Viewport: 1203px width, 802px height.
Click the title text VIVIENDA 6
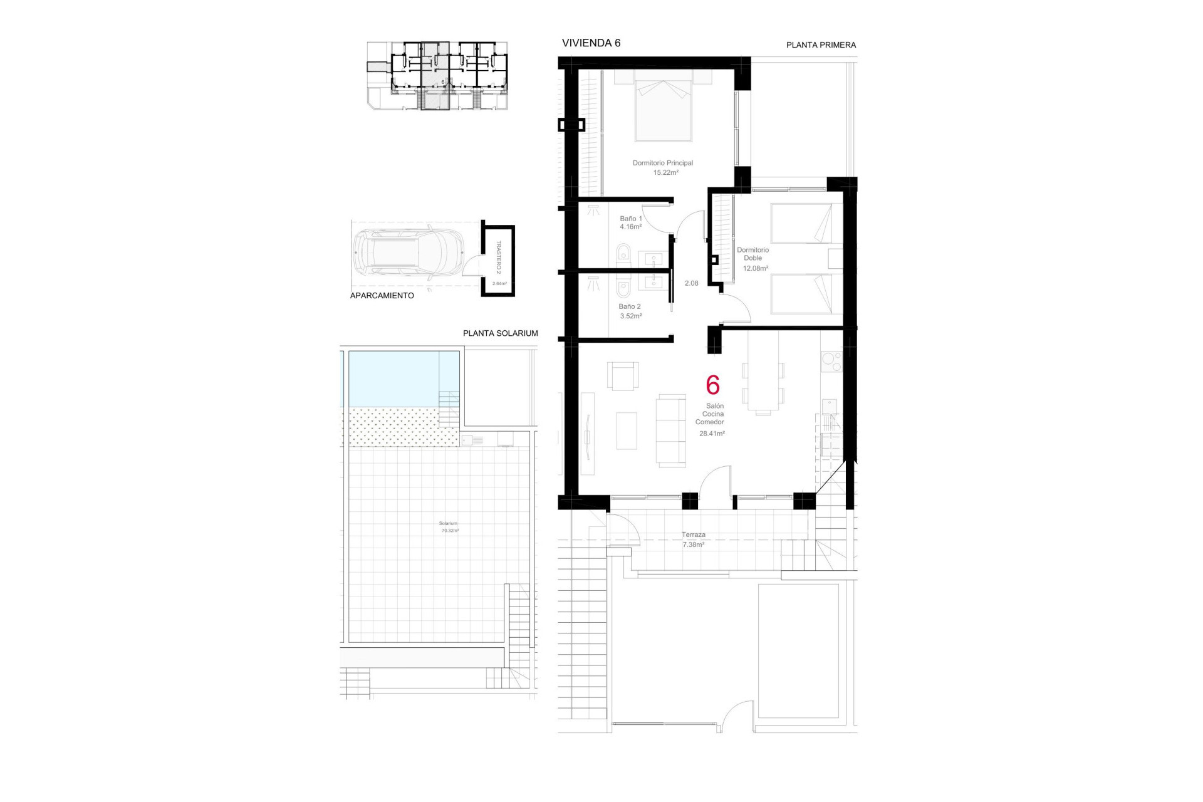click(591, 43)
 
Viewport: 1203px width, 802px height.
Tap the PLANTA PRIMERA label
click(821, 45)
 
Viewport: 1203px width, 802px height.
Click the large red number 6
click(712, 385)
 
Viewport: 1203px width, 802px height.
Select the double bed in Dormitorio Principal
click(663, 107)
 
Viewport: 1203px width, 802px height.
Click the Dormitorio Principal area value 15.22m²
click(665, 172)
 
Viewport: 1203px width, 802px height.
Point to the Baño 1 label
click(630, 219)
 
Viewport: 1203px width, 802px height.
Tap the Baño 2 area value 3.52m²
click(630, 316)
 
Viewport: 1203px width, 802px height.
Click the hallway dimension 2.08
click(691, 283)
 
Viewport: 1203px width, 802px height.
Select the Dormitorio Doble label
click(753, 254)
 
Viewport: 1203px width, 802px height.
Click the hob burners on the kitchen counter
click(831, 362)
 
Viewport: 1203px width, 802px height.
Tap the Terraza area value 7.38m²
click(693, 545)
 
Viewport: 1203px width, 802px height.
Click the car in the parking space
click(407, 254)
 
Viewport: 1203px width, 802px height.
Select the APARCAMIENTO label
click(382, 296)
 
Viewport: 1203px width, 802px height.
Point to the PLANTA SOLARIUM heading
click(500, 333)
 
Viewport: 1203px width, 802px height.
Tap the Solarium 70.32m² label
click(449, 527)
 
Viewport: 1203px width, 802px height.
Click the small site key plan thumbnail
click(437, 76)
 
